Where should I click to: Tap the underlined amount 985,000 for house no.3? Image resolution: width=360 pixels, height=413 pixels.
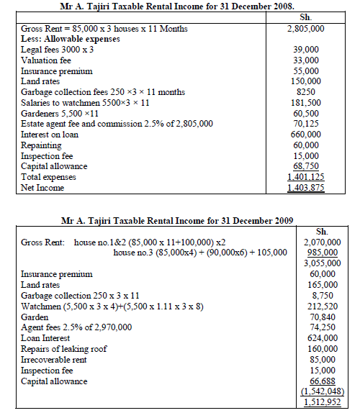pos(325,253)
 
